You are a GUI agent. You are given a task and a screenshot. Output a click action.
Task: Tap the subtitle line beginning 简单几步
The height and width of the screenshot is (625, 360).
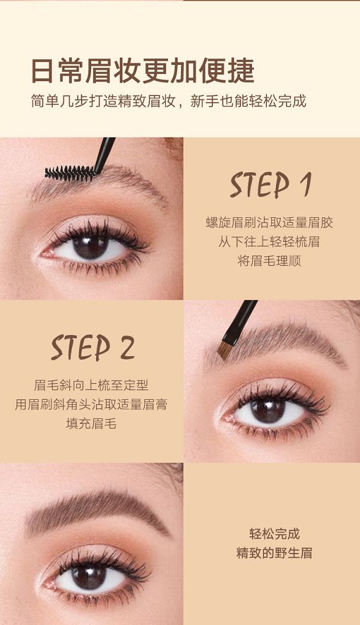tap(169, 101)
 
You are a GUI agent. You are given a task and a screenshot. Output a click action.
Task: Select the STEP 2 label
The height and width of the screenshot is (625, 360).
tap(92, 348)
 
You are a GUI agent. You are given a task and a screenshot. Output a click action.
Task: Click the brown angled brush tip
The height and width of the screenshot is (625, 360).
tap(224, 350)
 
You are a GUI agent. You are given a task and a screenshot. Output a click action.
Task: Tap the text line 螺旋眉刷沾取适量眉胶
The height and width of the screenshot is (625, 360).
tap(269, 222)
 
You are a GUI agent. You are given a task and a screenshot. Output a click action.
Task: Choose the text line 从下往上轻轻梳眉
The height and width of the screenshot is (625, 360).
tap(269, 241)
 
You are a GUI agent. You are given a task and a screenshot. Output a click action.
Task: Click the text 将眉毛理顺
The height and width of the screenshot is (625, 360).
tap(269, 261)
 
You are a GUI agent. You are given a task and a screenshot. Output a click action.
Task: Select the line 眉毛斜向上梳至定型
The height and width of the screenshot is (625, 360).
tap(91, 385)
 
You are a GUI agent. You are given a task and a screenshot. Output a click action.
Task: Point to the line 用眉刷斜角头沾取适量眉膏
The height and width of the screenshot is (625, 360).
tap(91, 404)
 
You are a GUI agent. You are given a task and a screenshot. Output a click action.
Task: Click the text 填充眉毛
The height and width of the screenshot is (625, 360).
tap(91, 423)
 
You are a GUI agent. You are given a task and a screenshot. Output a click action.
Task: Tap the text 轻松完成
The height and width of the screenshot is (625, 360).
tap(274, 533)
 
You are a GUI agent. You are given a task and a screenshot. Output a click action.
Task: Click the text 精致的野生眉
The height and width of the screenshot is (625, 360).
tap(274, 553)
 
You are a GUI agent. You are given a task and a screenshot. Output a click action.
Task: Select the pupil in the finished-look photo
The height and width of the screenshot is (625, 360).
tap(89, 576)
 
